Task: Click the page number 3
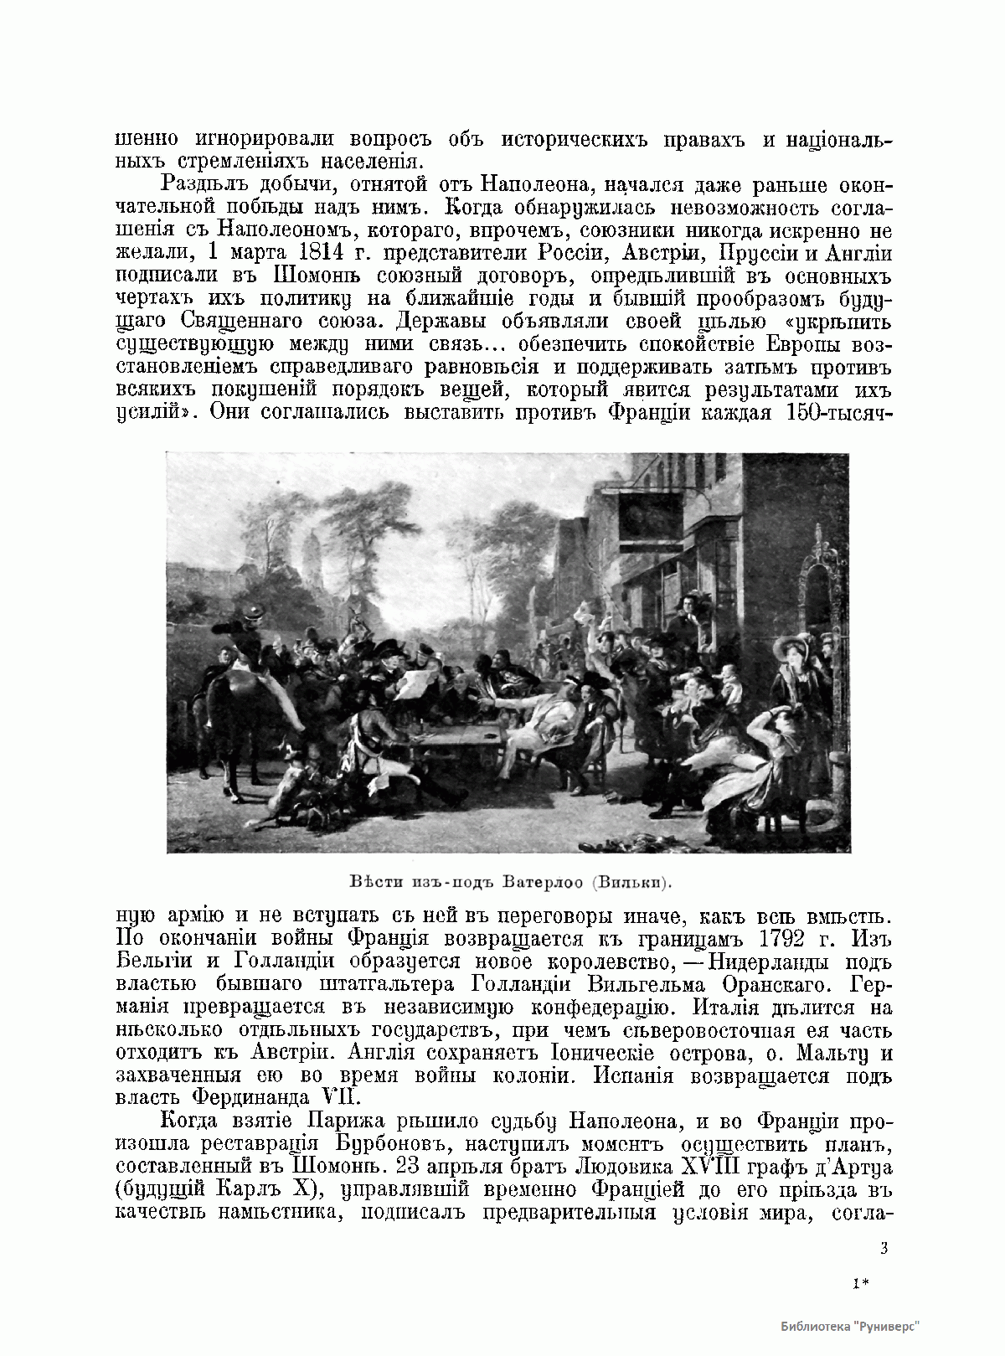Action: point(884,1249)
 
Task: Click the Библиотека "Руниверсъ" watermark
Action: point(850,1328)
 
